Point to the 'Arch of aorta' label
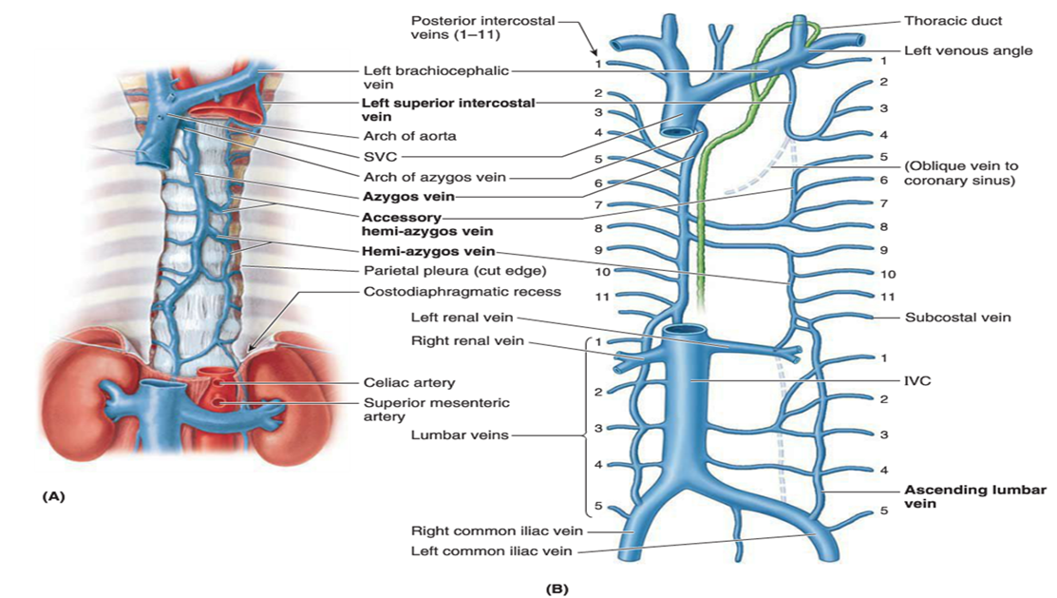click(409, 135)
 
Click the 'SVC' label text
click(379, 156)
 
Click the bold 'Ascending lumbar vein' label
click(974, 496)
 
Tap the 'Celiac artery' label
click(409, 382)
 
